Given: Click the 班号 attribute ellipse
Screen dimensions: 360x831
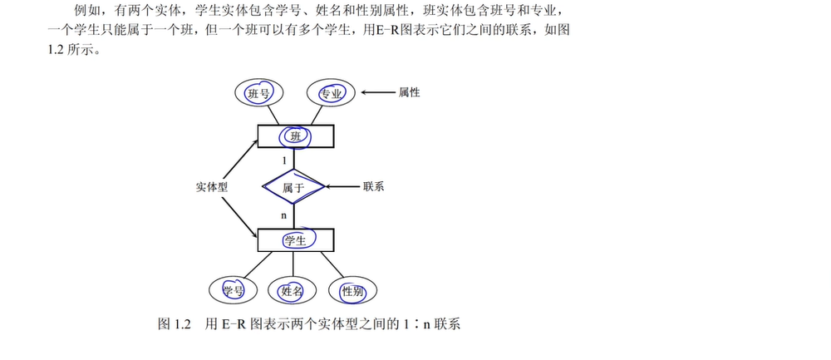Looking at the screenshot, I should click(x=259, y=93).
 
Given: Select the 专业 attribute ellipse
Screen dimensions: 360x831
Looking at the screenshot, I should click(x=331, y=93).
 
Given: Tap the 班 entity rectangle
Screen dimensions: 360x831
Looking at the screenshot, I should click(x=295, y=136).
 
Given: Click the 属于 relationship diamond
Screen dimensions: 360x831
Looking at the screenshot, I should click(x=295, y=188).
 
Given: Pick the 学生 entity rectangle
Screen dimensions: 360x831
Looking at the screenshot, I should click(x=295, y=240).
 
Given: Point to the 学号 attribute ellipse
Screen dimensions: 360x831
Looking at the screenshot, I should click(x=234, y=291).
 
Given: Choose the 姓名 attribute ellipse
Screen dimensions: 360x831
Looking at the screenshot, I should click(x=293, y=291).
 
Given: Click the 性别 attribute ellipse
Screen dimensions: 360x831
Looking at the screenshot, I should click(x=352, y=291).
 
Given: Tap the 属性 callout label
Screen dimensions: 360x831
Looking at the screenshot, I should click(x=410, y=92).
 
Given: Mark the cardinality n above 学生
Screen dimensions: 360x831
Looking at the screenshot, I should click(x=284, y=215).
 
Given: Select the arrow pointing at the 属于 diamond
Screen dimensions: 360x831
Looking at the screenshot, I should click(x=342, y=186).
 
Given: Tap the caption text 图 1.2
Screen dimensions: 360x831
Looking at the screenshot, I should click(x=175, y=323).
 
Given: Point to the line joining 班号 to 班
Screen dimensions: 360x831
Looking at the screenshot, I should click(x=271, y=115).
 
